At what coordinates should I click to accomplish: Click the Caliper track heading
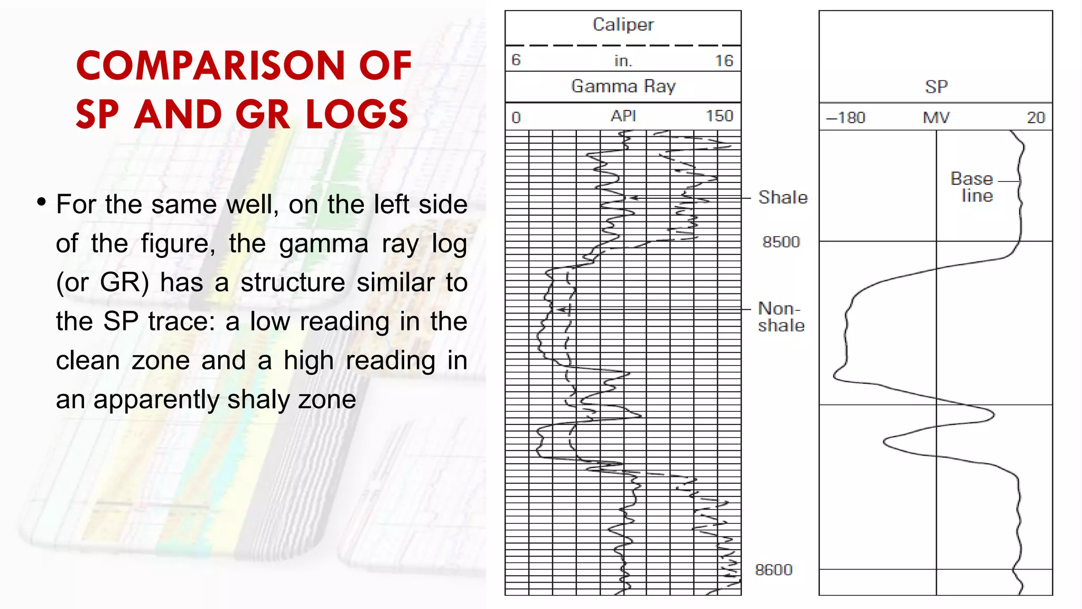coord(623,25)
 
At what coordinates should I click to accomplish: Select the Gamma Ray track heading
coord(623,86)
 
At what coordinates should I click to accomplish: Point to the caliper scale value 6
coord(516,60)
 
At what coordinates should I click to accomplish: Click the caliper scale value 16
coord(724,61)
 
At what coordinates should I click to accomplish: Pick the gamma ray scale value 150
coord(720,116)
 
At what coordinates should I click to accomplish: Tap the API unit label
coord(623,116)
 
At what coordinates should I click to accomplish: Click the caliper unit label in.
coord(623,61)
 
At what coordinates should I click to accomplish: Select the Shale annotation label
coord(783,198)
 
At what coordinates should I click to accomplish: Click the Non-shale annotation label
coord(781,317)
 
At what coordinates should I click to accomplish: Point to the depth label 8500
coord(781,242)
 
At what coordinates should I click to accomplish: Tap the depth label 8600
coord(773,570)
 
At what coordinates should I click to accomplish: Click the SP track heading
coord(936,87)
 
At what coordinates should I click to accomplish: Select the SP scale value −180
coord(845,117)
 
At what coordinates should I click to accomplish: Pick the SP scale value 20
coord(1036,117)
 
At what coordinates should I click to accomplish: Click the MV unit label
coord(936,117)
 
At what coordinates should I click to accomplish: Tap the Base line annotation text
coord(973,187)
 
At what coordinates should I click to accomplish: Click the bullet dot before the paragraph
coord(42,202)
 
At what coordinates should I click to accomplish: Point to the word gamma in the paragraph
coord(323,244)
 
